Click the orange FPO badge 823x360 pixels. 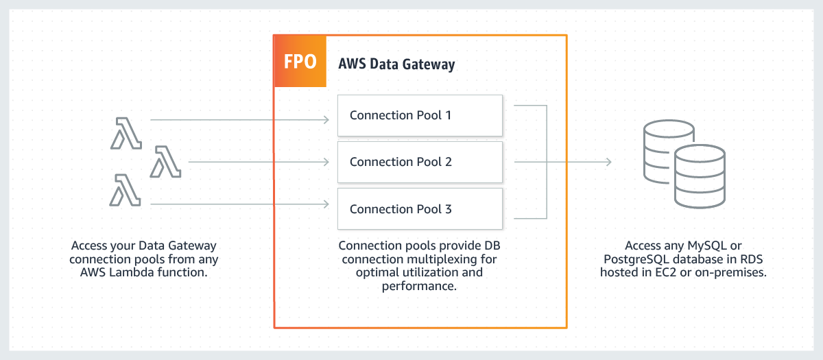(x=300, y=61)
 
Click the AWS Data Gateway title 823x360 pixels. (x=396, y=64)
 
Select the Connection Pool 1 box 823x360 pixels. (x=420, y=115)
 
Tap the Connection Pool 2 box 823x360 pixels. (x=420, y=162)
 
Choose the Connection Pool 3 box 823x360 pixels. (x=420, y=208)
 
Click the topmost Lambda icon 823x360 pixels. (x=126, y=133)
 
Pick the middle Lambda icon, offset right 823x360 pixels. (x=165, y=162)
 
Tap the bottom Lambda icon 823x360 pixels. (x=125, y=190)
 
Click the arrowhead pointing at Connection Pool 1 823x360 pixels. (x=326, y=120)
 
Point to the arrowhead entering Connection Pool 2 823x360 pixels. (x=326, y=162)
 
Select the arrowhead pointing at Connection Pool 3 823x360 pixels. (x=326, y=204)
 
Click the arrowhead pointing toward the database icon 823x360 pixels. (x=608, y=162)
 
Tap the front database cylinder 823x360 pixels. (x=700, y=176)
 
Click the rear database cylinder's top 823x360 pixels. (x=669, y=129)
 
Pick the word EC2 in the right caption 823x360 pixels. (x=666, y=272)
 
